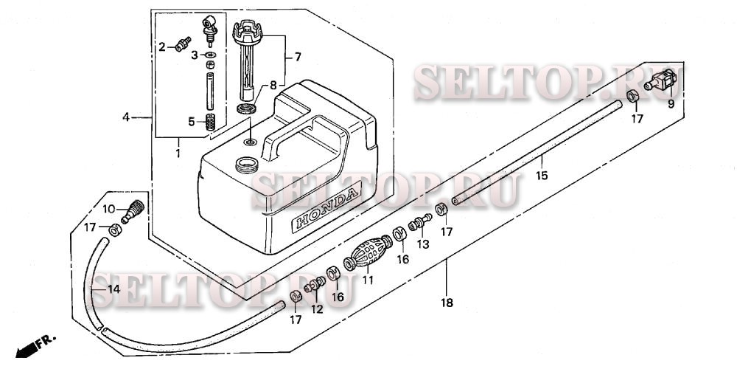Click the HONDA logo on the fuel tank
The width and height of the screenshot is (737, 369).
pyautogui.click(x=327, y=210)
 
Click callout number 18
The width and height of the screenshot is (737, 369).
pyautogui.click(x=447, y=303)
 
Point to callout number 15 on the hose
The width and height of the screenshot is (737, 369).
pyautogui.click(x=542, y=176)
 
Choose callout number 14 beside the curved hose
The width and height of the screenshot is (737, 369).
pyautogui.click(x=113, y=289)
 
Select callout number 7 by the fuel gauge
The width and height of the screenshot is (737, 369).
pyautogui.click(x=298, y=56)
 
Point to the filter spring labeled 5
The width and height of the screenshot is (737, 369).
pyautogui.click(x=211, y=121)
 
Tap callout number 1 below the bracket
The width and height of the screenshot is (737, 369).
pyautogui.click(x=178, y=153)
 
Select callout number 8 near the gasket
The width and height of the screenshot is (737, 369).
pyautogui.click(x=273, y=85)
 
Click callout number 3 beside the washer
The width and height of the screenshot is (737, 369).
pyautogui.click(x=195, y=55)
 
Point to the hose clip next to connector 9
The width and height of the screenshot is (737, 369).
pyautogui.click(x=633, y=97)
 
